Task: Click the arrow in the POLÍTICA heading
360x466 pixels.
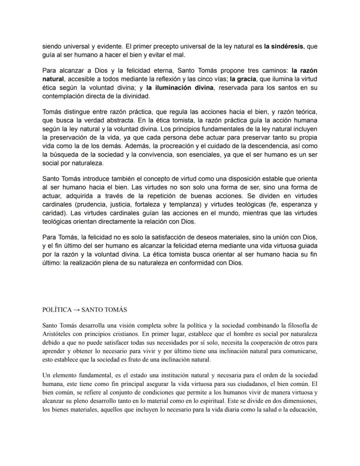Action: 76,309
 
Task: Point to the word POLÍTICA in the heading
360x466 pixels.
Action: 57,309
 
